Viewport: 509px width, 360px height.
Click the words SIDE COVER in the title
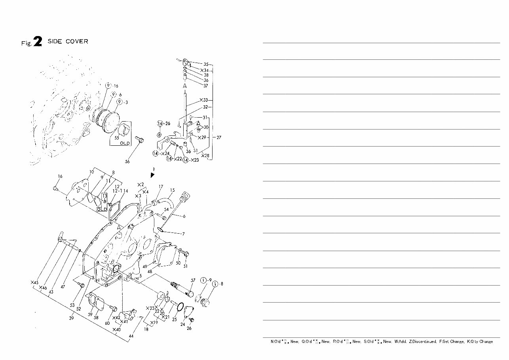[68, 42]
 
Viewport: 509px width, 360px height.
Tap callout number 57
[193, 280]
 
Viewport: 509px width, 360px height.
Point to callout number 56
[127, 162]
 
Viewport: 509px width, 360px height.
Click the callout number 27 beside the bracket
[219, 137]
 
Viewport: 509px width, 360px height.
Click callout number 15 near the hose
[172, 190]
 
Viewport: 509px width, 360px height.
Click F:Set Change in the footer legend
[451, 341]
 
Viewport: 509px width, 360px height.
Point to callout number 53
[72, 305]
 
